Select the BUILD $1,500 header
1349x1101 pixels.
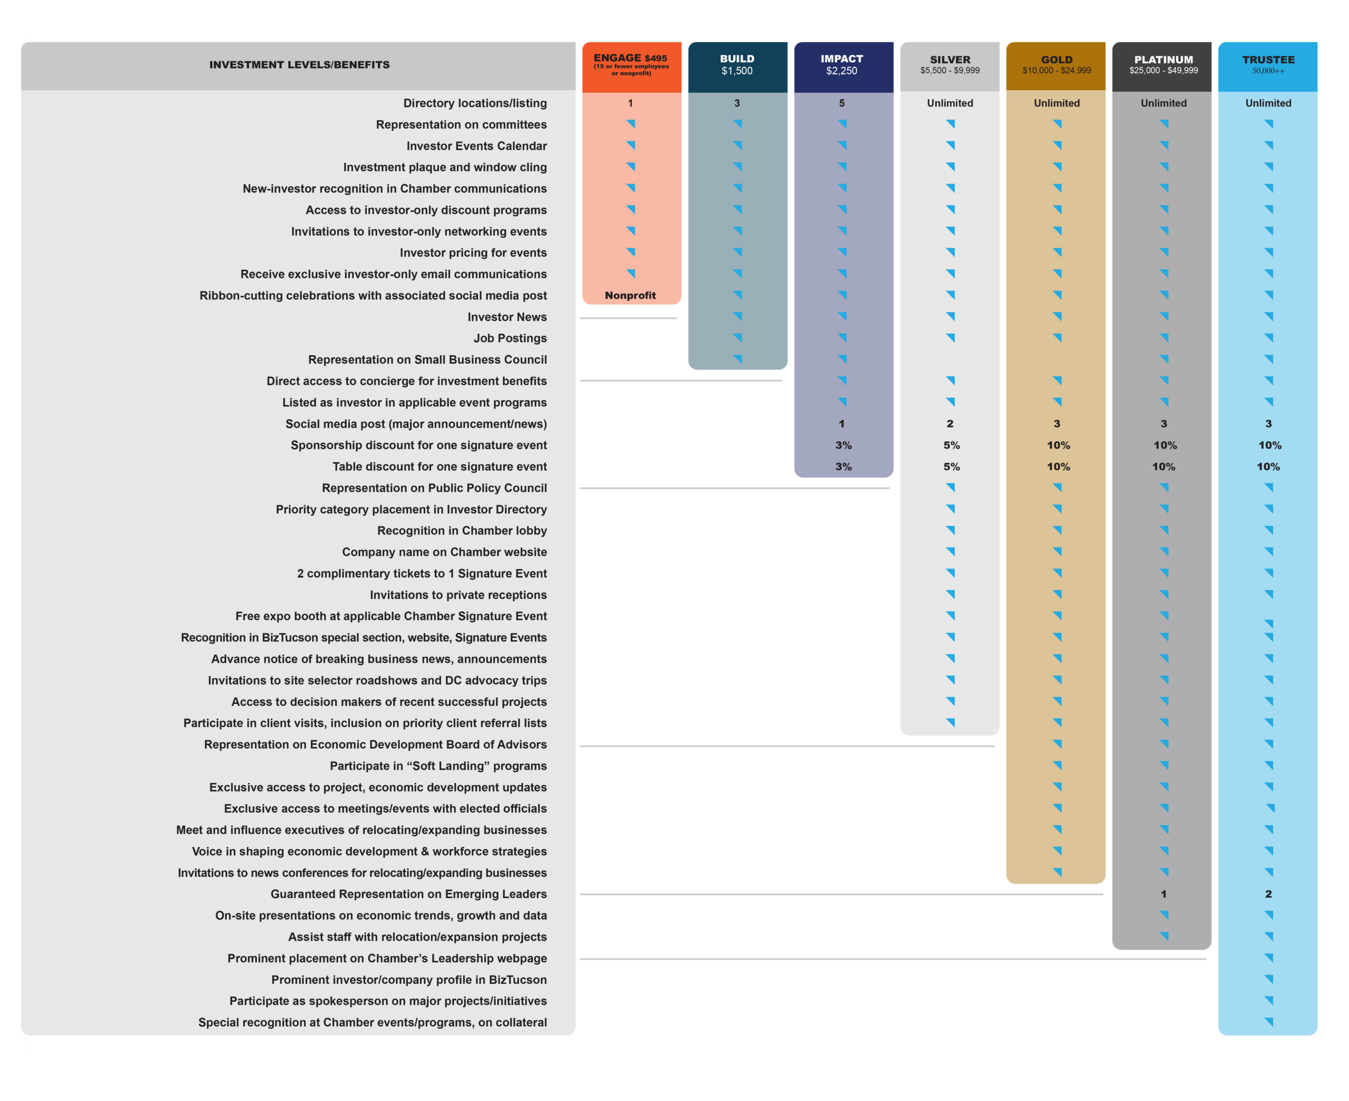(x=737, y=64)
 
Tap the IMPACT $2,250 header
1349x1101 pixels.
(x=842, y=64)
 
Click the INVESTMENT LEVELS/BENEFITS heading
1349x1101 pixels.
(x=299, y=65)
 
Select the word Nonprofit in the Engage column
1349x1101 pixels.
(x=630, y=296)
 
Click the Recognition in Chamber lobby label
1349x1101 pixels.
(x=462, y=531)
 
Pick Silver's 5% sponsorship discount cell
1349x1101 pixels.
(x=951, y=445)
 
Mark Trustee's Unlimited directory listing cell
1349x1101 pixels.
(x=1268, y=103)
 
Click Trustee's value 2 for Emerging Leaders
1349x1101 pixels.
(x=1268, y=894)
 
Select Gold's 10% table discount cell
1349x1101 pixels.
(x=1058, y=467)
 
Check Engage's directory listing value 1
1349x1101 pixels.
(x=630, y=103)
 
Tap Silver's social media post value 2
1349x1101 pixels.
(x=950, y=424)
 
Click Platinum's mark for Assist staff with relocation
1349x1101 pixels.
(x=1164, y=936)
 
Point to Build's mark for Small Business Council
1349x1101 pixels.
(x=737, y=359)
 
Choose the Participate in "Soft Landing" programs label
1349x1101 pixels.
(x=438, y=766)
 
